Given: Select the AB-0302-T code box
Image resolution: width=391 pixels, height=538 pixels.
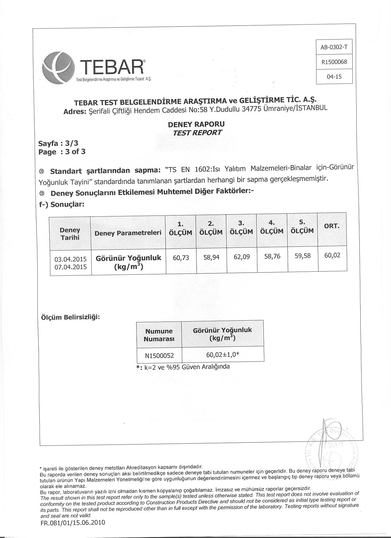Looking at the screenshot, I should (x=334, y=47).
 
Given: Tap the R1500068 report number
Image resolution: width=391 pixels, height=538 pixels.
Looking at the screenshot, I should (x=334, y=62).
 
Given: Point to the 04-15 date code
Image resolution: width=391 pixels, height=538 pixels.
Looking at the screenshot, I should (x=334, y=77).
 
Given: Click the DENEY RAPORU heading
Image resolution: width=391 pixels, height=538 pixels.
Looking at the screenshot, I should (x=196, y=124).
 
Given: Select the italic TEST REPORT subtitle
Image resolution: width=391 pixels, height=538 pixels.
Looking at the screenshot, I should (x=197, y=133).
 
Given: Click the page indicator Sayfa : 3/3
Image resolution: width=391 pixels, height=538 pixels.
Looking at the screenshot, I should (x=59, y=143).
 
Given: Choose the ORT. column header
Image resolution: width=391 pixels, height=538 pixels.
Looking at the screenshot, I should (x=332, y=226).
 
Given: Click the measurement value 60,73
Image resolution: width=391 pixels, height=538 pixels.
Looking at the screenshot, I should (x=181, y=258).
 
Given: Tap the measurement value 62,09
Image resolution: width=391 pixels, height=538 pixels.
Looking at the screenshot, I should (x=241, y=257).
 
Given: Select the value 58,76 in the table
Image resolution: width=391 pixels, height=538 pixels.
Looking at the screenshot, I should (x=272, y=256).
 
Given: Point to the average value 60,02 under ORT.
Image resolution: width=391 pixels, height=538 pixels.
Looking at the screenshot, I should (x=332, y=255).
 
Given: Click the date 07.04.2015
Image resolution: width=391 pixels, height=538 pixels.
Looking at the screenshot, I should (x=71, y=267).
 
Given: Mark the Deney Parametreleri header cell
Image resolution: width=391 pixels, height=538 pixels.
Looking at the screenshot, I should (x=128, y=233).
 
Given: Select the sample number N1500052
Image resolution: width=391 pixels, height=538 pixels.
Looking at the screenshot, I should (x=159, y=356).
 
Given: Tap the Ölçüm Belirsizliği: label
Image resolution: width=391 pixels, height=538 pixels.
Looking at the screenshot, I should (x=71, y=317).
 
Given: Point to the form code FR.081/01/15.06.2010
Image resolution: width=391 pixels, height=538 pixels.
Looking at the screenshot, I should (x=73, y=522).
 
